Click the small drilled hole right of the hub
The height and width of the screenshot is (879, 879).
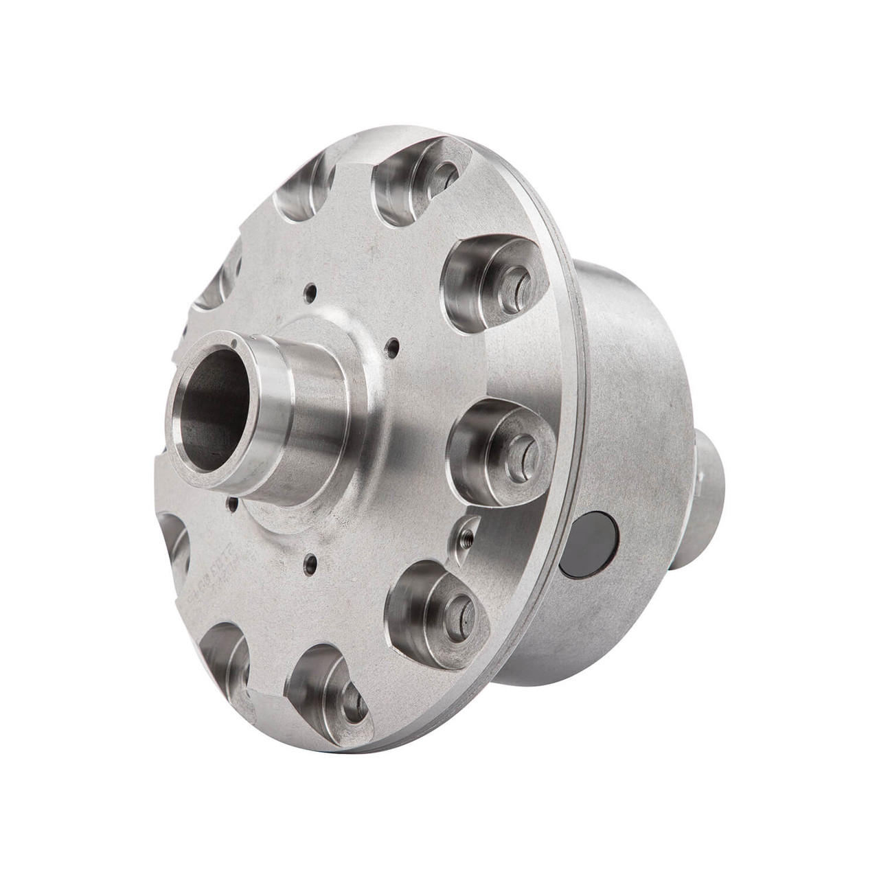(391, 347)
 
